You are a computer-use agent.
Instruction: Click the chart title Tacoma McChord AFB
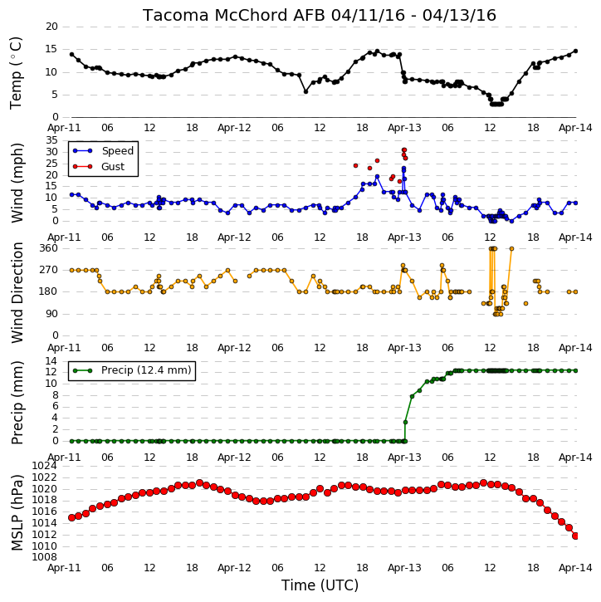coord(234,15)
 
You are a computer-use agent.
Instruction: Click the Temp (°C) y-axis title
coord(16,73)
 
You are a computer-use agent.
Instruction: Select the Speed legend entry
coord(103,151)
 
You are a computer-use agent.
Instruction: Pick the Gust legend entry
coord(98,167)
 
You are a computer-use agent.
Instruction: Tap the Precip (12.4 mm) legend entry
coord(132,370)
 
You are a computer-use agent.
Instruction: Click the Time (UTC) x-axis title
coord(320,585)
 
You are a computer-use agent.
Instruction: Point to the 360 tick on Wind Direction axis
coord(48,248)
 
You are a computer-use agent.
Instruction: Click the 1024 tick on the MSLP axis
coord(44,466)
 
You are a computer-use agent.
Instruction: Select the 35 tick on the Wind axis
coord(51,140)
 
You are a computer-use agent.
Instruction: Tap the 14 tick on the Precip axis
coord(51,361)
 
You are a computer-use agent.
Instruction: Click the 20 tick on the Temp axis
coord(51,27)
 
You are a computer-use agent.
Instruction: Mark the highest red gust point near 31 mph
coord(404,150)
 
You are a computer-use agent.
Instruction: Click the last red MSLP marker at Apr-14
coord(575,536)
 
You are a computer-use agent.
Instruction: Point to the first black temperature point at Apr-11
coord(71,55)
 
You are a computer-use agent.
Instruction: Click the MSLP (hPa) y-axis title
coord(17,512)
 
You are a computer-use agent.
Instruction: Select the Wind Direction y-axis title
coord(17,292)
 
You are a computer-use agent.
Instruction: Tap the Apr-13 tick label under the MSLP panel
coord(404,568)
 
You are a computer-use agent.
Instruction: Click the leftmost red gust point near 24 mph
coord(356,166)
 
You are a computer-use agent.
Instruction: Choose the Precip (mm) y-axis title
coord(17,403)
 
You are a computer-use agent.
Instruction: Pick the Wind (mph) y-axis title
coord(17,183)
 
